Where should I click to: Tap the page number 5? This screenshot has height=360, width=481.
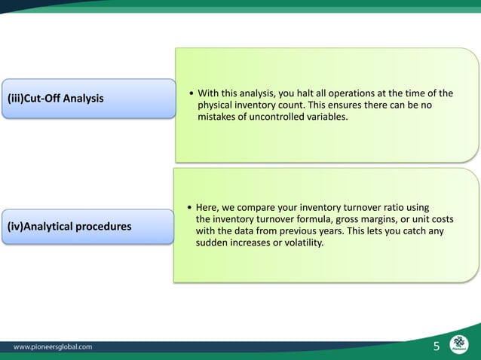[436, 346]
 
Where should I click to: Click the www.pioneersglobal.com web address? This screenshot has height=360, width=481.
[54, 347]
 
